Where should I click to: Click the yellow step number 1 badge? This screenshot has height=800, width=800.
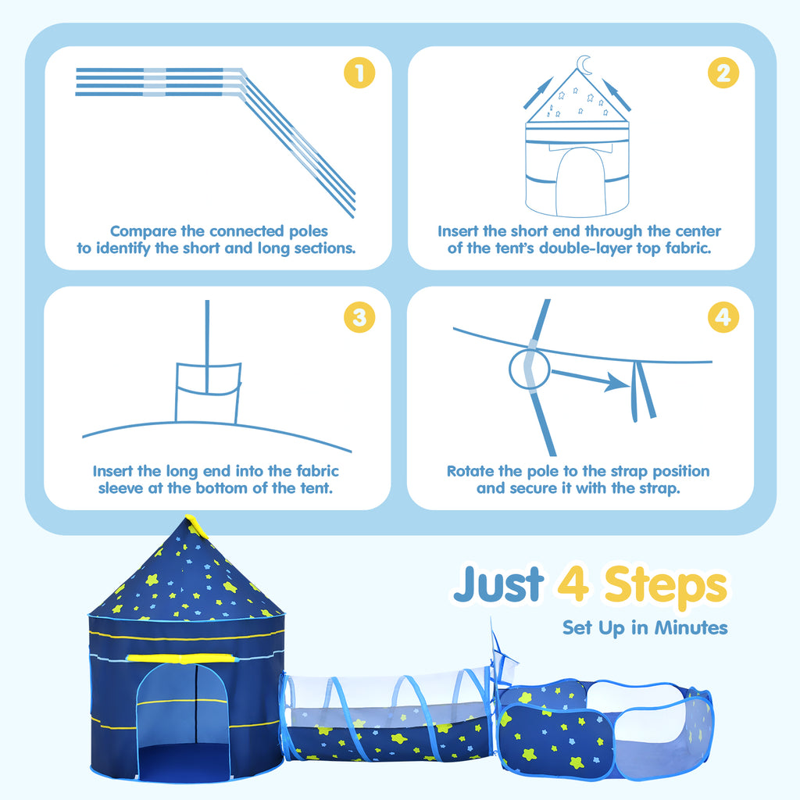click(359, 73)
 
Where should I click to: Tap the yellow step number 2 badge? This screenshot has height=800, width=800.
click(723, 73)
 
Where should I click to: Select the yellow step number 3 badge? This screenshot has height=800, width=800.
click(359, 317)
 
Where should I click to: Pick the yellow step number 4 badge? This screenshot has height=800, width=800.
click(723, 317)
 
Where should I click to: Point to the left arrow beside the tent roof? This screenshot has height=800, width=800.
click(538, 93)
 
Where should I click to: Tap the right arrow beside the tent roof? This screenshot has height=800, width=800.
click(616, 95)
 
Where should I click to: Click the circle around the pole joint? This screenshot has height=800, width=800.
click(530, 369)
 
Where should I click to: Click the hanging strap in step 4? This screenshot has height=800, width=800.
click(642, 391)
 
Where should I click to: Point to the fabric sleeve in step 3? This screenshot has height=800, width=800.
click(208, 393)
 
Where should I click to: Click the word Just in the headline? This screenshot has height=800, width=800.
click(498, 584)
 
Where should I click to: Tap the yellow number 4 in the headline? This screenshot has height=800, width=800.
click(573, 583)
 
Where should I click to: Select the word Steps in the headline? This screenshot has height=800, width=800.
click(666, 587)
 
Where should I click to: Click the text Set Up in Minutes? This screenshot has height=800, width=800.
click(645, 627)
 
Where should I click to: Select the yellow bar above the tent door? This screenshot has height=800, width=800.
click(182, 659)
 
